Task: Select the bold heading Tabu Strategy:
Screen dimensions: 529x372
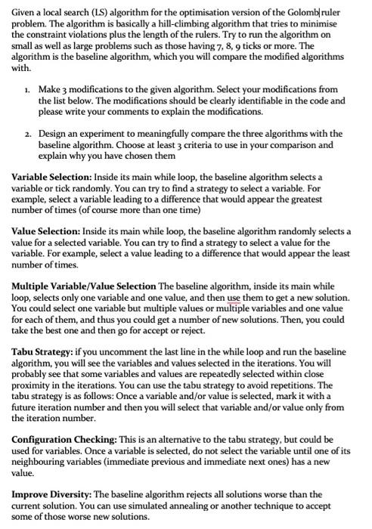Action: click(x=42, y=351)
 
